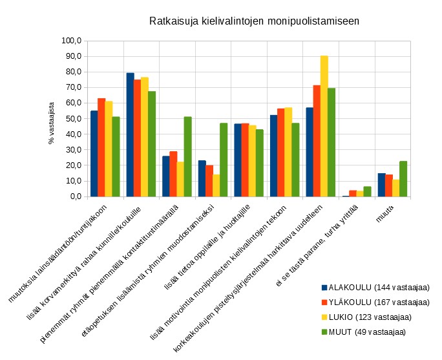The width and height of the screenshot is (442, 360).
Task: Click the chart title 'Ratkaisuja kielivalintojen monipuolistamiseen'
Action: click(254, 21)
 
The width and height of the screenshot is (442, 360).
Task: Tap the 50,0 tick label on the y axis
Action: click(71, 119)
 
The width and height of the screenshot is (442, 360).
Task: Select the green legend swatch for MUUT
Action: click(324, 332)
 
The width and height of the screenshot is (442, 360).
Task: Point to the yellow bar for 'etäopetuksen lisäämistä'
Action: click(216, 185)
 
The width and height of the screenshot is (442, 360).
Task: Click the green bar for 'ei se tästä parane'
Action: click(367, 191)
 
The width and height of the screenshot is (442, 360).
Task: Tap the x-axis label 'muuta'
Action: click(386, 216)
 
